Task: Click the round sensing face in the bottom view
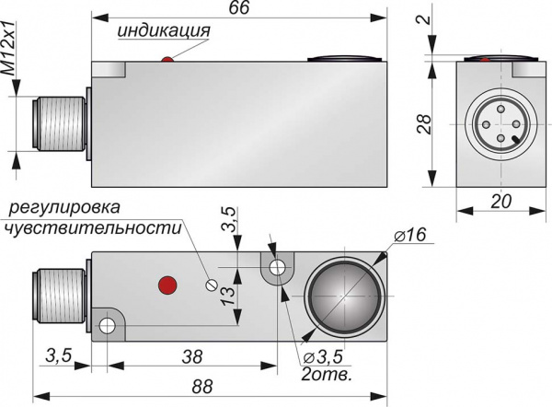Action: (x=341, y=297)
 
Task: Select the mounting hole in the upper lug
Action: (x=275, y=268)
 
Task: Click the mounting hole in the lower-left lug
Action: (x=108, y=325)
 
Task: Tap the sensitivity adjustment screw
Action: (x=213, y=285)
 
